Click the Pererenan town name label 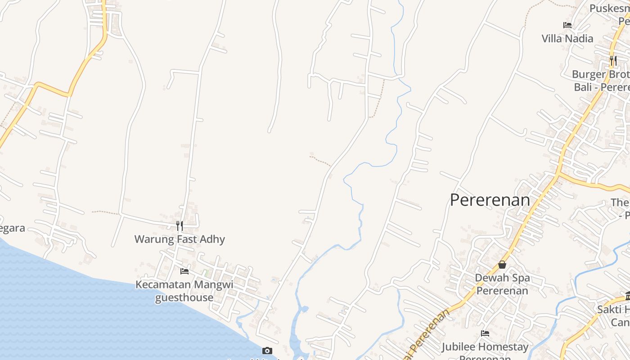click(x=490, y=200)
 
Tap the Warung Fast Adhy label click(x=180, y=239)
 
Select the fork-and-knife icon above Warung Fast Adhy click(x=180, y=226)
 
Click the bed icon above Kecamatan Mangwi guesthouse click(x=184, y=271)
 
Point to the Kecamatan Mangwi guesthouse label click(x=184, y=291)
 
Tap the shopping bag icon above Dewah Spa click(x=502, y=265)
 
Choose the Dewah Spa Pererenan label click(x=502, y=284)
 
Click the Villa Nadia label click(x=567, y=39)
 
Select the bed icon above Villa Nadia click(x=567, y=25)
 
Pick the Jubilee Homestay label click(x=485, y=347)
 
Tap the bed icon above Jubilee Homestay click(x=485, y=333)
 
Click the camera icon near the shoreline click(x=267, y=351)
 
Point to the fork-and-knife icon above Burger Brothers click(x=613, y=60)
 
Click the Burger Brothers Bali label click(x=601, y=80)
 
